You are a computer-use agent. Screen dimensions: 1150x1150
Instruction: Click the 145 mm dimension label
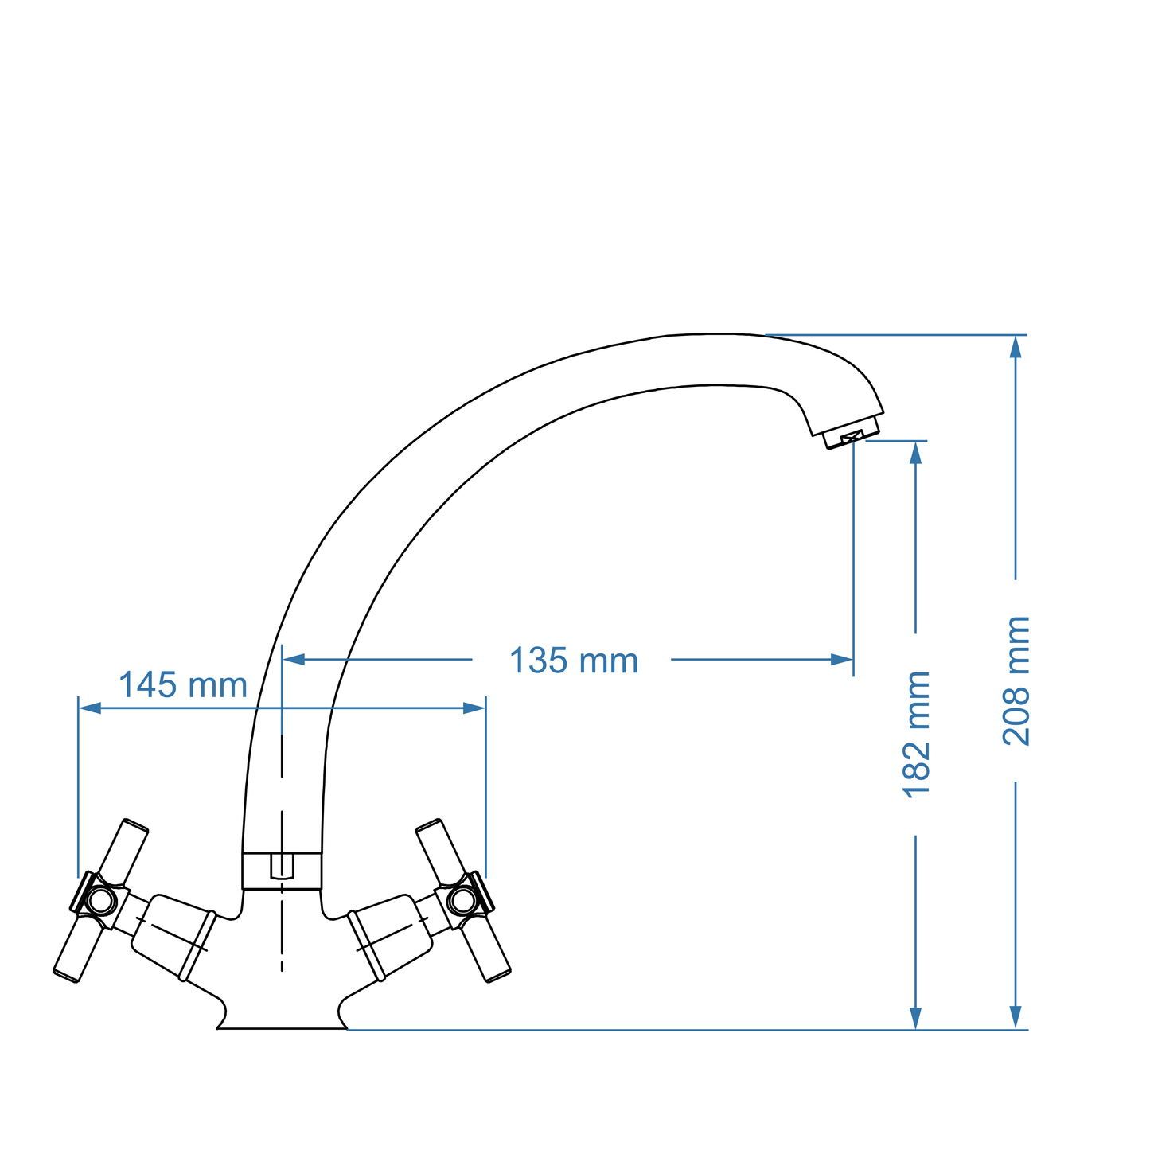tap(183, 685)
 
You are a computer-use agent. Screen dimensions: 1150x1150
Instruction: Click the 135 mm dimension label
tap(573, 661)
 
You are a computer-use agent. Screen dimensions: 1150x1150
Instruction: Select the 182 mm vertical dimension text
tap(916, 734)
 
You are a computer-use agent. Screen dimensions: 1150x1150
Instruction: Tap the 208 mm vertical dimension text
tap(1016, 680)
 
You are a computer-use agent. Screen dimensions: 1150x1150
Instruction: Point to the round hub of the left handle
tap(100, 901)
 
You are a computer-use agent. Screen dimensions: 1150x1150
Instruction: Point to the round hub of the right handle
tap(462, 901)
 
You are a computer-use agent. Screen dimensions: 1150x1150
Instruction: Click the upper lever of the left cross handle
tap(127, 852)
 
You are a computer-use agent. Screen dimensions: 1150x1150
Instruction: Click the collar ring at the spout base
tap(282, 870)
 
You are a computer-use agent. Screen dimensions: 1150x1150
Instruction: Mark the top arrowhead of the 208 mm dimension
tap(1016, 346)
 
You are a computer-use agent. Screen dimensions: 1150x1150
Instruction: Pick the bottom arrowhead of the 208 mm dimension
tap(1016, 1017)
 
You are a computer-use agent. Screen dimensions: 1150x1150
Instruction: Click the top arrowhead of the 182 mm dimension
tap(915, 452)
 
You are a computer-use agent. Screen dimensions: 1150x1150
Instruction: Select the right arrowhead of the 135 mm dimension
tap(842, 659)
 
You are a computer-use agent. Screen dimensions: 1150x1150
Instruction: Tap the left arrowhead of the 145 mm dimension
tap(89, 708)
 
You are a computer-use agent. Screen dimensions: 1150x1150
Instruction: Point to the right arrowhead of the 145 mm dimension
tap(474, 708)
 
